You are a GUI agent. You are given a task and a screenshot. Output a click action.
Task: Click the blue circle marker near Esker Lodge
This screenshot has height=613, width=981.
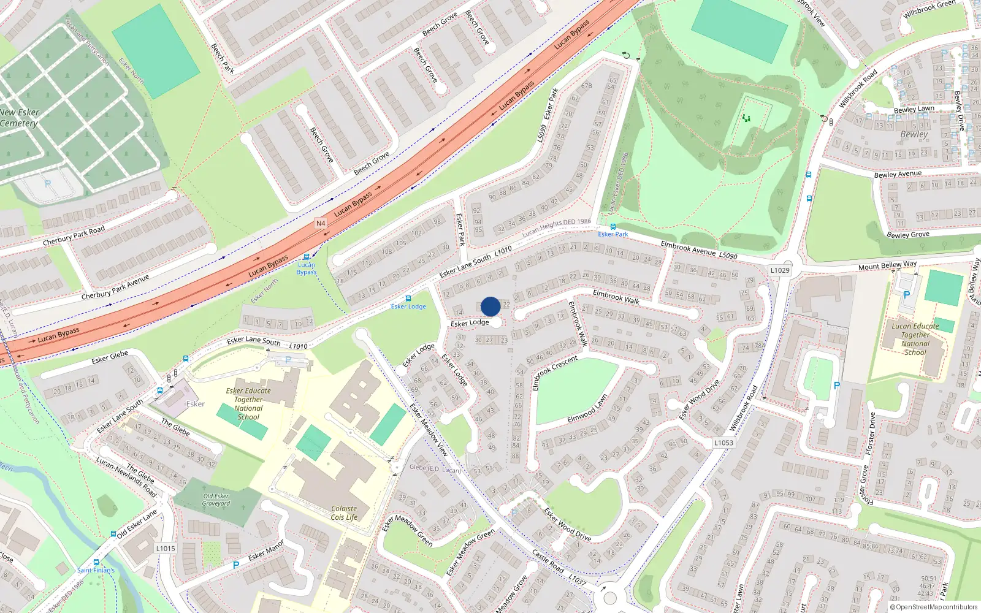(x=490, y=306)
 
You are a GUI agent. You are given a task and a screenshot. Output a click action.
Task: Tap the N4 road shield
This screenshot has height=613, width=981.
(x=321, y=223)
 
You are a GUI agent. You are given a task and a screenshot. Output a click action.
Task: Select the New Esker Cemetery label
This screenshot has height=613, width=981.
(x=20, y=118)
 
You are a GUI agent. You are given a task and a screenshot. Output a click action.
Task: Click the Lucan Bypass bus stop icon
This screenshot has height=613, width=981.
(x=307, y=257)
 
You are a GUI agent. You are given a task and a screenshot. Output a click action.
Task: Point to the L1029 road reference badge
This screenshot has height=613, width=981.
(x=780, y=270)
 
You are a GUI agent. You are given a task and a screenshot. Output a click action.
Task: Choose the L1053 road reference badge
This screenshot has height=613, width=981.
(x=723, y=443)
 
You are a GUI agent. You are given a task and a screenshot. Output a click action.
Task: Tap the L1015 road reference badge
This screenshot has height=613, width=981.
(x=166, y=549)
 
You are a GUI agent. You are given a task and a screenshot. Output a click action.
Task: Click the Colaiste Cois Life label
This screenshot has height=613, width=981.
(x=344, y=512)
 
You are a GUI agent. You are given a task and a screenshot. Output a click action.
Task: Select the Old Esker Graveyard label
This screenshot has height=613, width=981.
(x=216, y=500)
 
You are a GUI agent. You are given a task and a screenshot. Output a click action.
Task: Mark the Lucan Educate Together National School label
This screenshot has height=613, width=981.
(x=915, y=339)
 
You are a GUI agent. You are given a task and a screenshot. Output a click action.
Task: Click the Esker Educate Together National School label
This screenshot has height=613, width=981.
(x=248, y=403)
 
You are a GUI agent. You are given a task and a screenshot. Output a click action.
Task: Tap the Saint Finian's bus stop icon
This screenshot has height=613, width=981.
(x=96, y=562)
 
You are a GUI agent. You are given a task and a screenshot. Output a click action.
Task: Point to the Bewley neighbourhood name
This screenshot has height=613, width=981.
(x=914, y=134)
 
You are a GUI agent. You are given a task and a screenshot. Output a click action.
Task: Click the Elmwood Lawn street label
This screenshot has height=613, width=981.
(x=587, y=409)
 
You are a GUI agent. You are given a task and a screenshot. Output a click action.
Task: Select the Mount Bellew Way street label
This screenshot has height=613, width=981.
(x=887, y=265)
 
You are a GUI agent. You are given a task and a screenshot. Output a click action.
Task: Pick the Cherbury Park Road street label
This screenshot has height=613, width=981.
(x=74, y=236)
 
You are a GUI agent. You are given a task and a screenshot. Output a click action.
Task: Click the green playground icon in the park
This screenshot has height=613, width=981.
(x=746, y=117)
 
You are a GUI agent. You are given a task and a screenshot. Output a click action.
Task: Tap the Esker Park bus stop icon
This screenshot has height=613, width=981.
(x=613, y=227)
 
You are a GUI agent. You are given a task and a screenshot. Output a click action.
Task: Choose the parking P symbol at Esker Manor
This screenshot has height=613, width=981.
(x=235, y=565)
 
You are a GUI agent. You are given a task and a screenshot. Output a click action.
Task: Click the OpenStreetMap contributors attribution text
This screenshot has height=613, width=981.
(x=934, y=607)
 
